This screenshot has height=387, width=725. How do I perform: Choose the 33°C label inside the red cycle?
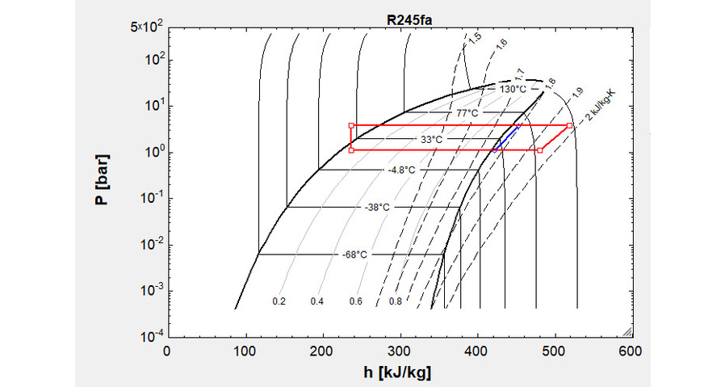(431, 140)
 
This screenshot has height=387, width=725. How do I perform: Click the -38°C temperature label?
(376, 208)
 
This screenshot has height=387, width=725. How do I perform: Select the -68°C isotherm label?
(354, 255)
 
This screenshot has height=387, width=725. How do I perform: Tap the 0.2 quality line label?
(279, 301)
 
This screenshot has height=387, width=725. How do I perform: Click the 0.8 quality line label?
(396, 301)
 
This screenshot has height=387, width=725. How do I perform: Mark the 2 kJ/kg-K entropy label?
(601, 106)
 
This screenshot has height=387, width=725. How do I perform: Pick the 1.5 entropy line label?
(476, 38)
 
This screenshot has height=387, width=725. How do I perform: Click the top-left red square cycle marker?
(351, 125)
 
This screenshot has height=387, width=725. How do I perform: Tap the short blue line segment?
(506, 138)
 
